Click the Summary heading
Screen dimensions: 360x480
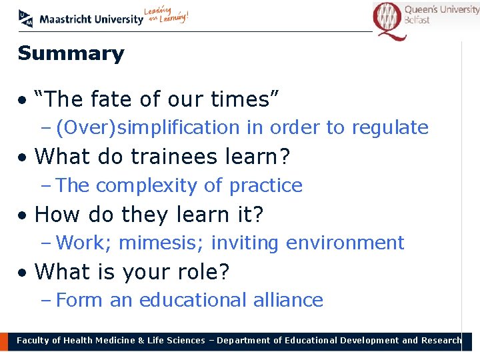[x=71, y=53]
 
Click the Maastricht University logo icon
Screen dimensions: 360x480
[x=26, y=19]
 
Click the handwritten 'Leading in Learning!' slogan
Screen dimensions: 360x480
[x=167, y=16]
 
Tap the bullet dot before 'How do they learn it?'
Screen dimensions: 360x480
[x=23, y=215]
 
